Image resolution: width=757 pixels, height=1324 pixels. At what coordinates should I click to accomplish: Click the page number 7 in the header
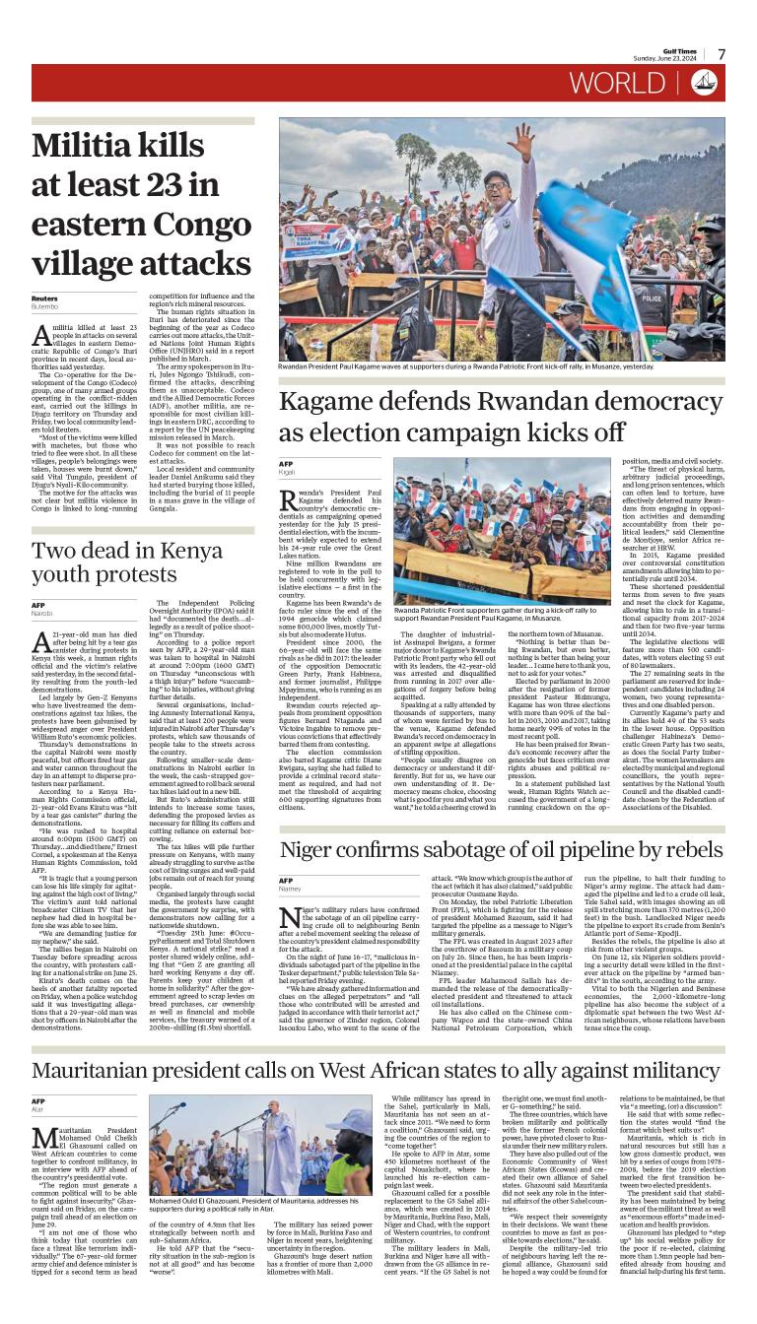tap(722, 55)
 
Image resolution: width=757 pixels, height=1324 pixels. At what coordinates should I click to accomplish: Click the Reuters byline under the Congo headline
tap(44, 298)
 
